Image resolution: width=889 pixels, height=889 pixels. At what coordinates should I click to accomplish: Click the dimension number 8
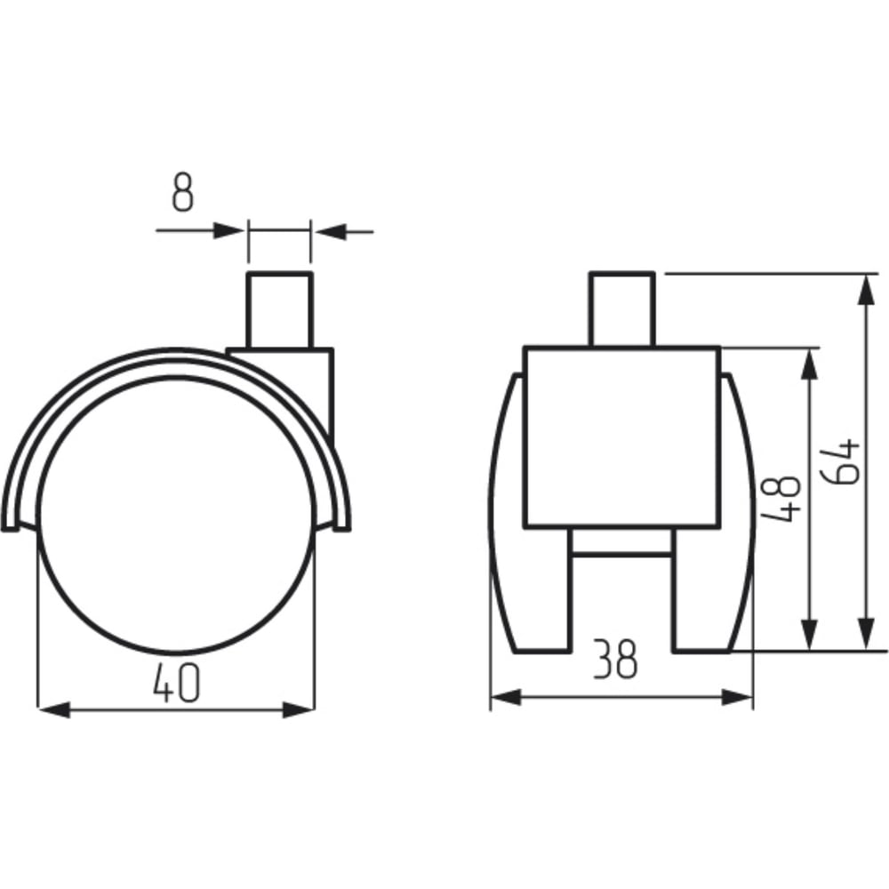(182, 193)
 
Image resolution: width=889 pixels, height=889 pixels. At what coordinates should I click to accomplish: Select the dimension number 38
(615, 659)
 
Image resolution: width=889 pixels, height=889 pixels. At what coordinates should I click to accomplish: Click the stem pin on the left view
(279, 309)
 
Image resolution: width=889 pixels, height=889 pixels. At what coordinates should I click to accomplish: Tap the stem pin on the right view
(622, 308)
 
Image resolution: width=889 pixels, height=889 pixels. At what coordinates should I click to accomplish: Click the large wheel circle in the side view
(176, 513)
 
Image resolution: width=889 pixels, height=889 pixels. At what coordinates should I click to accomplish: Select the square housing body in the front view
(622, 437)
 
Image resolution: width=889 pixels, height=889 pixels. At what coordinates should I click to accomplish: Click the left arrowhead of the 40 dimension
(53, 709)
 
